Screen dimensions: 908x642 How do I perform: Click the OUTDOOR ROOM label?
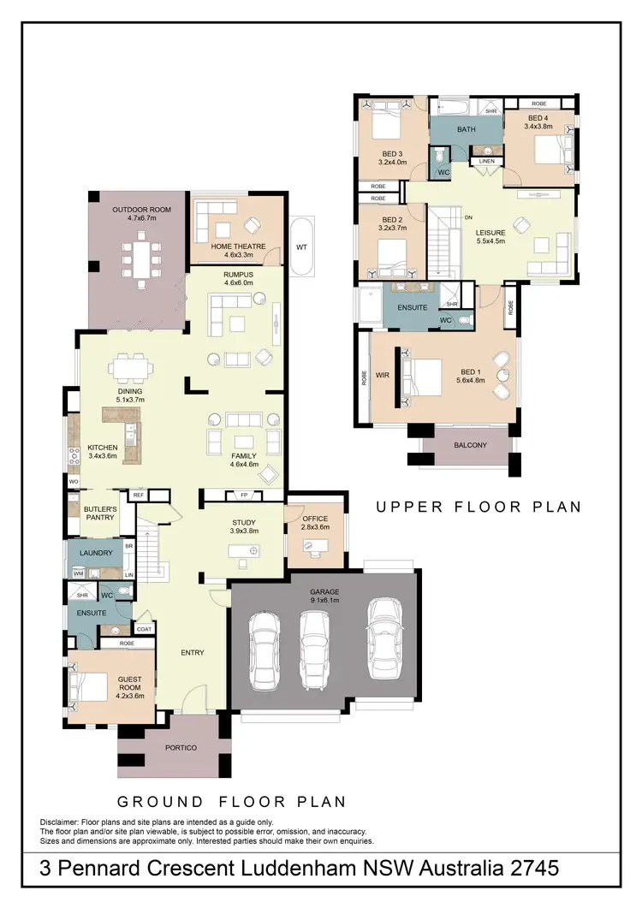(x=142, y=210)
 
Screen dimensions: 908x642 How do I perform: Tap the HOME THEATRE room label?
(x=239, y=246)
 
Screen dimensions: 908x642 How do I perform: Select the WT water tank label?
(x=302, y=247)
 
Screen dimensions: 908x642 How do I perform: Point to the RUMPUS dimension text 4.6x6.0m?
(x=240, y=282)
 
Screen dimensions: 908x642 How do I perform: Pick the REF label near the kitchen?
(x=138, y=495)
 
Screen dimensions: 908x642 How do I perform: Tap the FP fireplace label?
(x=243, y=495)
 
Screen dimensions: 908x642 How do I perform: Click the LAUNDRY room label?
(x=96, y=553)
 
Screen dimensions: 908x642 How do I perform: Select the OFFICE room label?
(x=316, y=519)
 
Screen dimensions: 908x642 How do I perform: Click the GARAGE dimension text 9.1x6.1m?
(x=324, y=601)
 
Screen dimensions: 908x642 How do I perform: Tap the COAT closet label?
(x=145, y=629)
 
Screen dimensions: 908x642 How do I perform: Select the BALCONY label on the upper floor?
(x=470, y=445)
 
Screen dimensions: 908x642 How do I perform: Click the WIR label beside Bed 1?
(x=383, y=374)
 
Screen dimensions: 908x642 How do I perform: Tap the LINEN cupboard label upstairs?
(x=486, y=161)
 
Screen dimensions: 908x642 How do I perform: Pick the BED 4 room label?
(x=538, y=117)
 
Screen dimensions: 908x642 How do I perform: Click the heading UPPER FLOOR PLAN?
(x=479, y=507)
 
